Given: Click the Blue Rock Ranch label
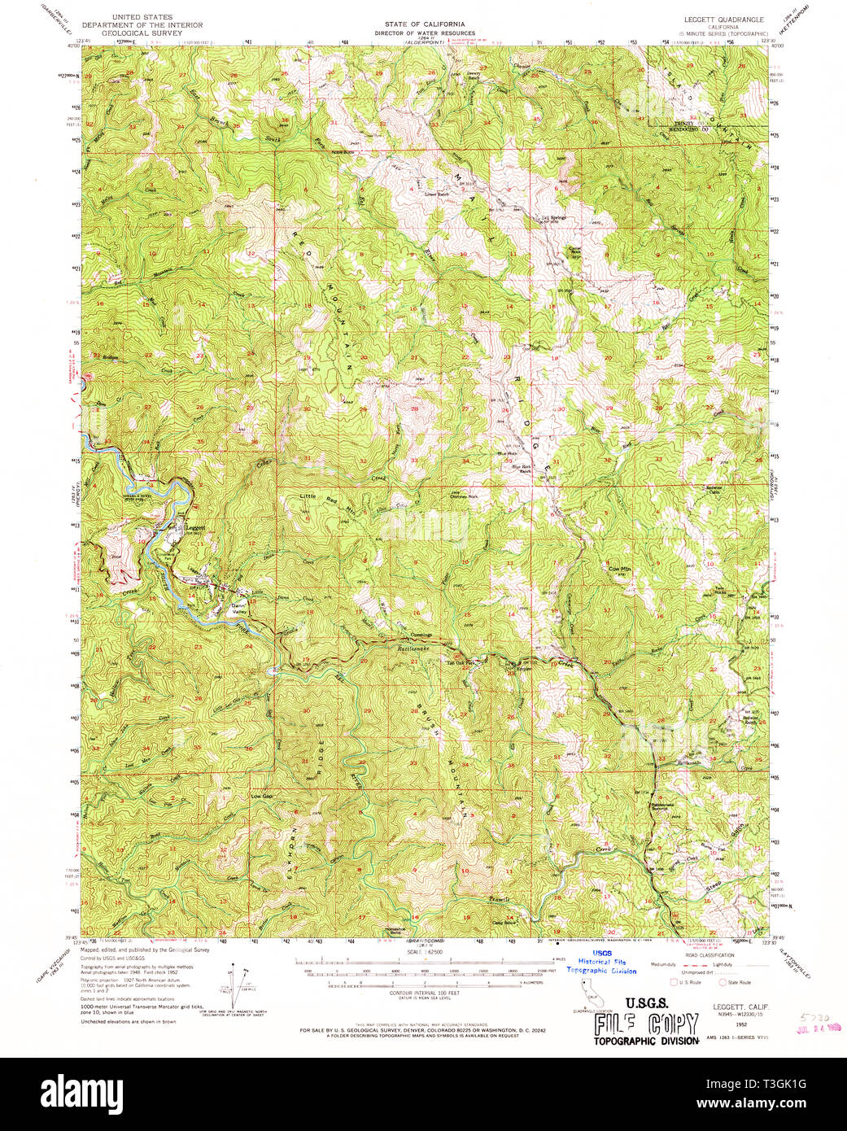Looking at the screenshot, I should [521, 469].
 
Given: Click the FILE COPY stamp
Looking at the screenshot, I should [646, 1024].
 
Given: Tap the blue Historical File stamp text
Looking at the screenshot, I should [601, 962].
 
